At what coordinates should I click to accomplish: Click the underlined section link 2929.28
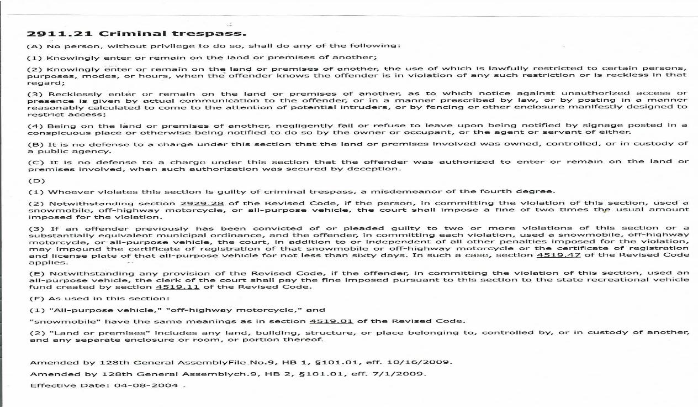pyautogui.click(x=198, y=203)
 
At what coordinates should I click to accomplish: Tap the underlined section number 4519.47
pyautogui.click(x=558, y=255)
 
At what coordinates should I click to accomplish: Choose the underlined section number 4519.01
pyautogui.click(x=332, y=321)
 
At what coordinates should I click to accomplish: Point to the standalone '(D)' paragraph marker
pyautogui.click(x=36, y=180)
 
